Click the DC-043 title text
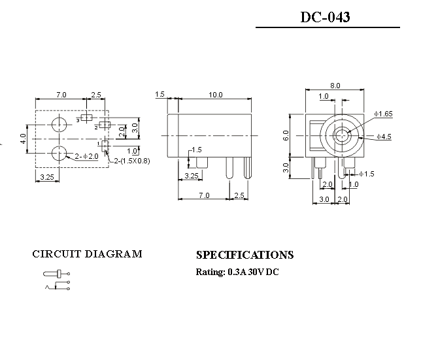(325, 17)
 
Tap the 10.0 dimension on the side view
(216, 95)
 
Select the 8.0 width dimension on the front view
(335, 86)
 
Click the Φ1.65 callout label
(383, 114)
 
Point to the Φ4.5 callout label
(384, 137)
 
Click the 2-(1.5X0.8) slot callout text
(132, 161)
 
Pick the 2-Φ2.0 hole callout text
(86, 156)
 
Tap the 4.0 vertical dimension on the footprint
(23, 139)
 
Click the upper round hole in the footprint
(59, 125)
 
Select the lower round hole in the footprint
(59, 154)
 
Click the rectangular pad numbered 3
(86, 118)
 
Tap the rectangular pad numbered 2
(105, 125)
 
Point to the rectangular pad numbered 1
(105, 145)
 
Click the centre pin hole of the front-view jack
(343, 135)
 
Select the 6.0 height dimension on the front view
(286, 135)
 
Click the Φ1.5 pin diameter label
(367, 174)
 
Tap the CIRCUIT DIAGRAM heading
(87, 254)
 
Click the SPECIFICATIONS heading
(245, 255)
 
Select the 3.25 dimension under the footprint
(47, 177)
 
